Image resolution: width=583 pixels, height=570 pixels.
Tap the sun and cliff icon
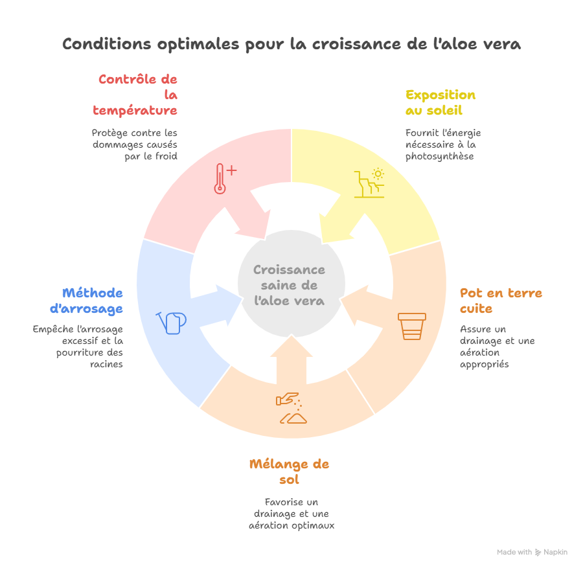pos(369,183)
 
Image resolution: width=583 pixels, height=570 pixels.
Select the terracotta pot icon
pos(412,326)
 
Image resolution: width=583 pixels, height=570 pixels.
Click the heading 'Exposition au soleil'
pos(440,102)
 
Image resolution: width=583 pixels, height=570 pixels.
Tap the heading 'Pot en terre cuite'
pos(492,301)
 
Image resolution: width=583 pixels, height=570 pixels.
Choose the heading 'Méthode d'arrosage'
pos(93,301)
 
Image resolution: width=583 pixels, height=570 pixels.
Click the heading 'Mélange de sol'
pos(289,472)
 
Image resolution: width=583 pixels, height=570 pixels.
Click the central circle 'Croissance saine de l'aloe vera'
pos(290,285)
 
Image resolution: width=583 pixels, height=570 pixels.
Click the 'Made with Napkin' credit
pos(532,553)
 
